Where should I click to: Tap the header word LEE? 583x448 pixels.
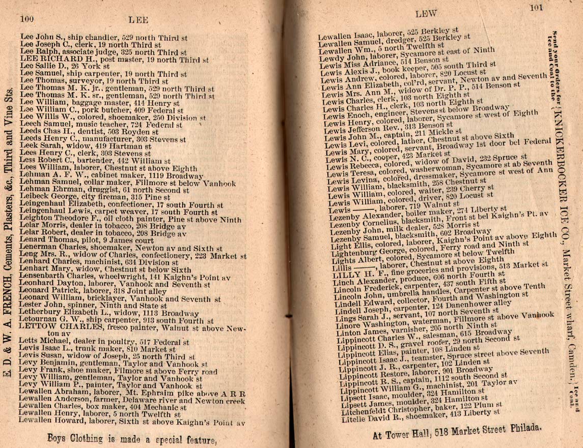pyautogui.click(x=137, y=20)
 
